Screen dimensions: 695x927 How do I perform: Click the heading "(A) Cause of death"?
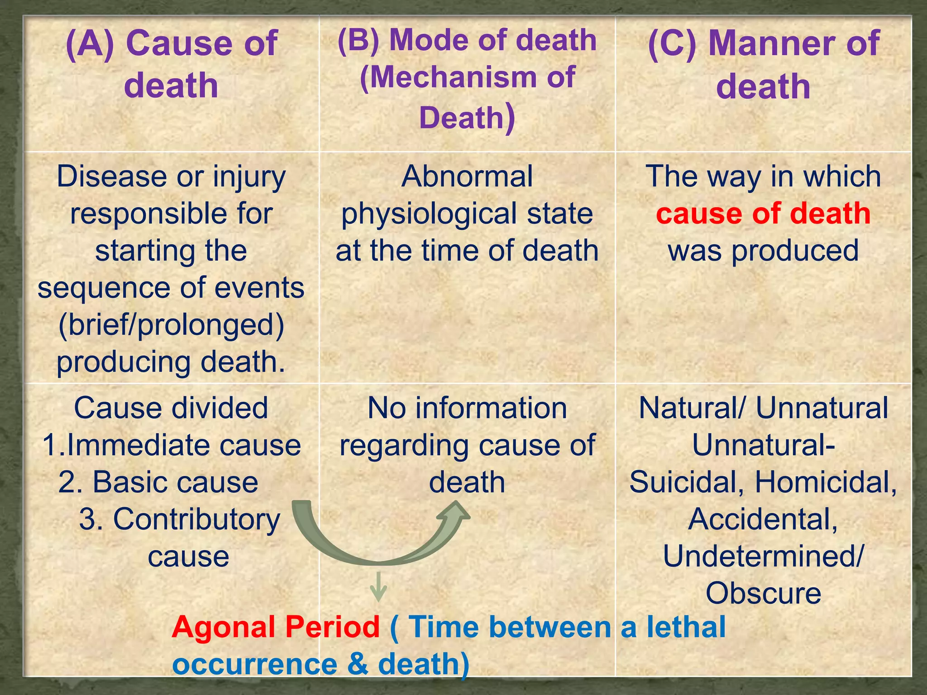tap(171, 64)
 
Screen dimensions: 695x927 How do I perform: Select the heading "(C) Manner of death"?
tap(764, 64)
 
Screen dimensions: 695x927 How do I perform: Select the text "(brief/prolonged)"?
tap(171, 325)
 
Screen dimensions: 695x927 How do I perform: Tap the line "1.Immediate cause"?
tap(171, 445)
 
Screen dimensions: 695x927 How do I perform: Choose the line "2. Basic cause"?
tap(158, 482)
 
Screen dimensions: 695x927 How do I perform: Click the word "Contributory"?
tap(196, 519)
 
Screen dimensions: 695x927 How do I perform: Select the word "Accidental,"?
tap(763, 519)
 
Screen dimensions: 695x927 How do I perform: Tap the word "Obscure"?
tap(763, 593)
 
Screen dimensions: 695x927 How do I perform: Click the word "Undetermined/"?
tap(763, 557)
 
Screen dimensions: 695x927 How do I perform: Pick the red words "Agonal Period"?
tap(275, 627)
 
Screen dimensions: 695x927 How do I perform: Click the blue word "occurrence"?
tap(255, 664)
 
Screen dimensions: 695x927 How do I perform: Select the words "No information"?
tap(467, 408)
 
